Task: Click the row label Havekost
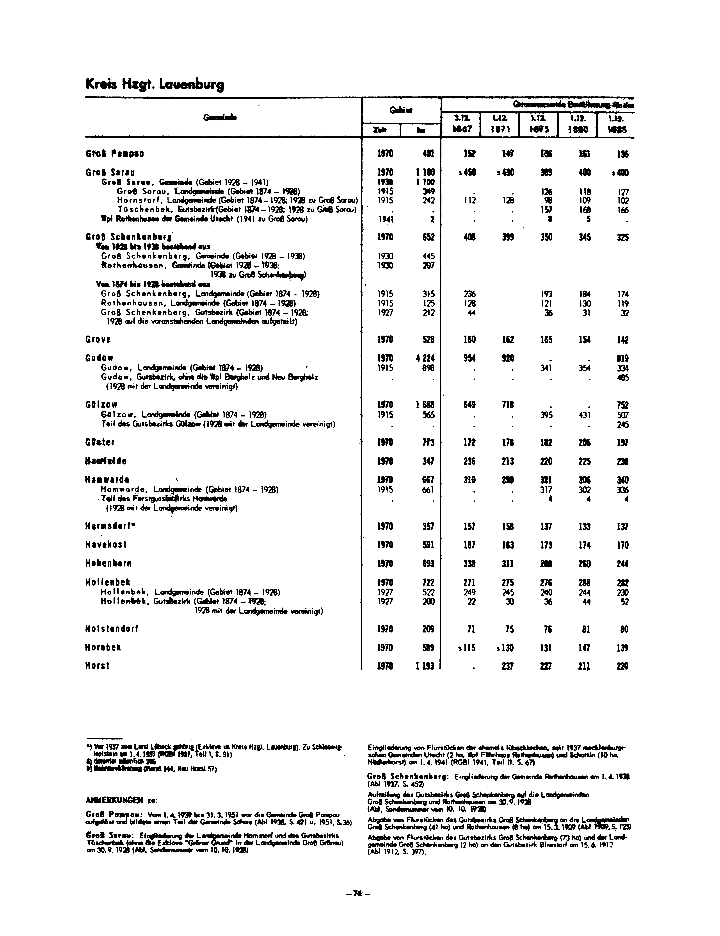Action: point(106,545)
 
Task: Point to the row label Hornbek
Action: point(103,647)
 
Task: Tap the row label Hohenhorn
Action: point(108,563)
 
